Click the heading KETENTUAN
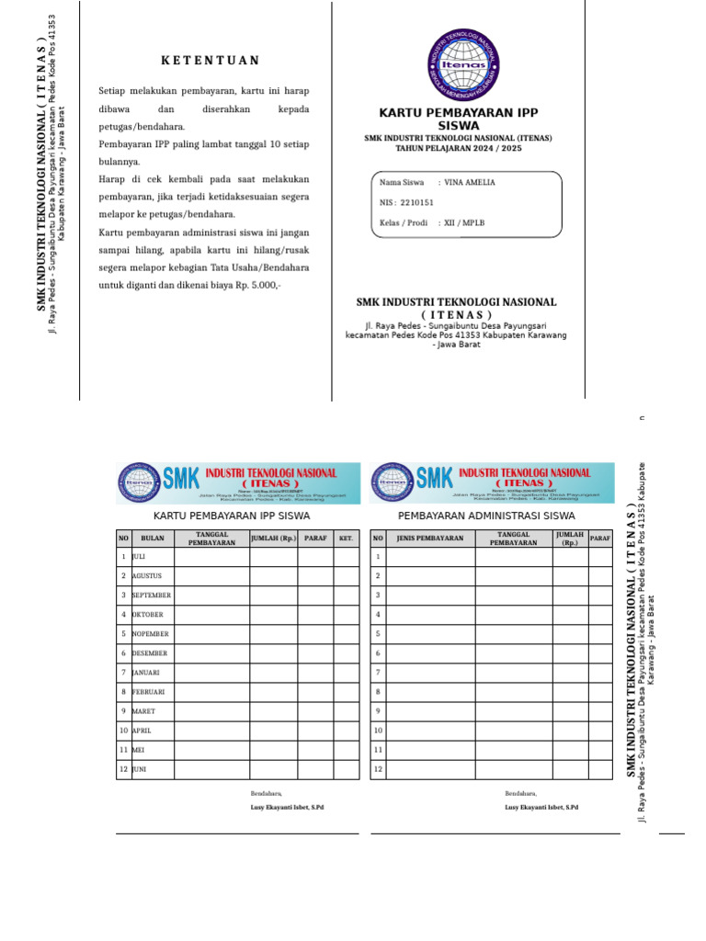click(x=211, y=61)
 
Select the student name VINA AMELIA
click(x=469, y=182)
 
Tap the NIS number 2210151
click(x=417, y=202)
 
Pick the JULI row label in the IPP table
click(x=140, y=556)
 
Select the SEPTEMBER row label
click(x=152, y=595)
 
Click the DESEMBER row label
click(x=150, y=652)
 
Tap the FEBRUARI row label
click(x=148, y=691)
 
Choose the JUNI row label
click(x=140, y=768)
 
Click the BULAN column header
click(x=153, y=538)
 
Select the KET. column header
click(x=346, y=538)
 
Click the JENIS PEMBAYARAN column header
click(x=430, y=538)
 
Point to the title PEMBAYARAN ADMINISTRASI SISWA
click(x=486, y=516)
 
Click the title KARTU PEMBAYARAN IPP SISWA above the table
click(x=232, y=516)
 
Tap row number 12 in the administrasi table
click(x=377, y=768)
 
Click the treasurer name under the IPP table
click(x=287, y=807)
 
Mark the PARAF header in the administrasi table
click(x=600, y=538)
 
